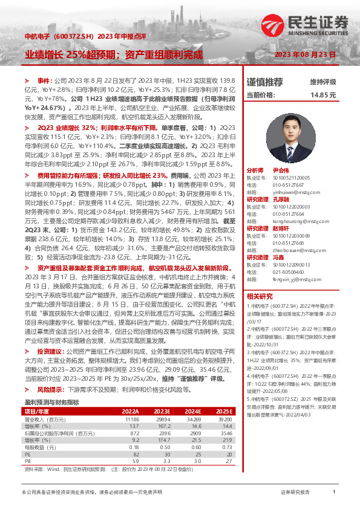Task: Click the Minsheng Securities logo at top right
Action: pyautogui.click(x=305, y=26)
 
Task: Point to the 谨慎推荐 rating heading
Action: pyautogui.click(x=264, y=82)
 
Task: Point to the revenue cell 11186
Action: pyautogui.click(x=133, y=418)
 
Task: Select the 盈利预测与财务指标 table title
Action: pyautogui.click(x=51, y=402)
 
